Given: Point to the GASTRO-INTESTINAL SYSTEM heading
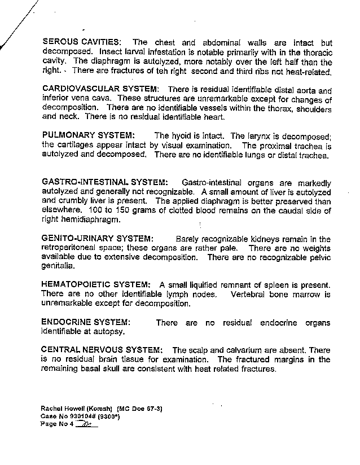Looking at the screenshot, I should pos(105,182).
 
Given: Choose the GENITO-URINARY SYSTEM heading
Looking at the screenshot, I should pos(96,239).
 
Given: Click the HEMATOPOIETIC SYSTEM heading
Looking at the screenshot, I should pos(96,284).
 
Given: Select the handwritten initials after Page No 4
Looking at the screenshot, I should pos(87,424).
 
